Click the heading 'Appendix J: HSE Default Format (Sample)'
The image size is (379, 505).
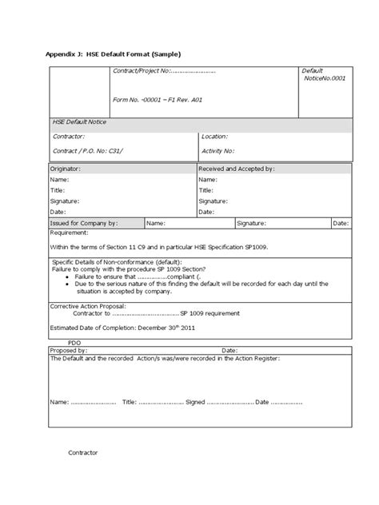tap(112, 54)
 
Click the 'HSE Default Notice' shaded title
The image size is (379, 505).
tap(79, 122)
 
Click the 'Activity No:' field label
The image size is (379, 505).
tap(217, 150)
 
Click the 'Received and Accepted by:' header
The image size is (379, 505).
tap(237, 169)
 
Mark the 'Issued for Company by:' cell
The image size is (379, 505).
tap(84, 224)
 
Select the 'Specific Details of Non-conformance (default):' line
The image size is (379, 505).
tap(117, 262)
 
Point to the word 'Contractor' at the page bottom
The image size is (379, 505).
tap(83, 452)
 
